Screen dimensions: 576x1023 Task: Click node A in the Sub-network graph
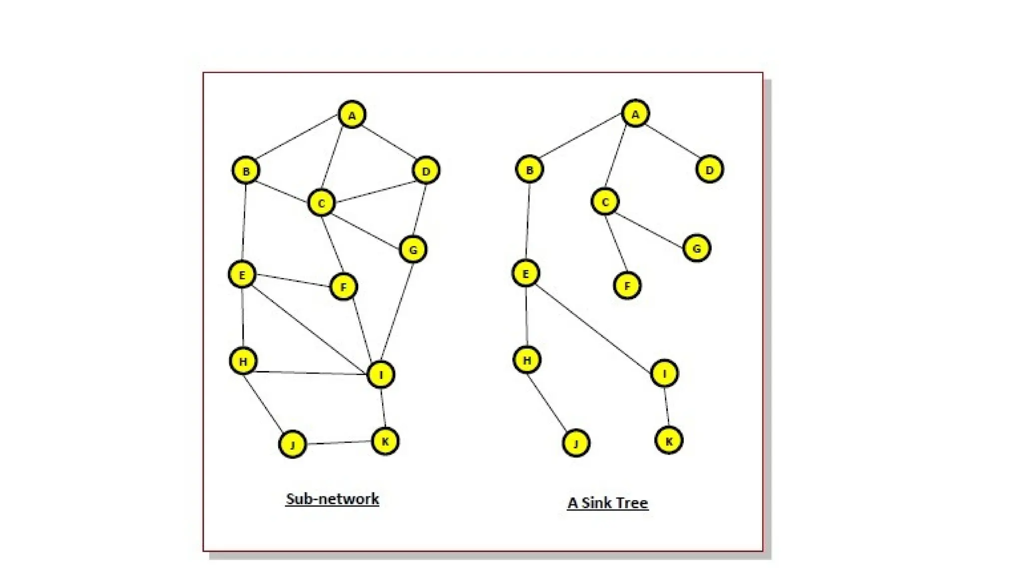click(x=352, y=115)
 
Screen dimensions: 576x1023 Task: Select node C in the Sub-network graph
click(x=321, y=202)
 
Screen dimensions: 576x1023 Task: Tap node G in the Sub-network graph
click(x=413, y=249)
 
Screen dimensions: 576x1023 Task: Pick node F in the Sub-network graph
click(x=344, y=286)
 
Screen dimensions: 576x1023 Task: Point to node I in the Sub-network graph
click(x=381, y=374)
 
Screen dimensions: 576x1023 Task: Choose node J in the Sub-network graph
click(x=293, y=444)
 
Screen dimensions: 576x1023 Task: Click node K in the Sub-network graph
click(x=385, y=441)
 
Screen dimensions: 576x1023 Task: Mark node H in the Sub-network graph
click(x=243, y=360)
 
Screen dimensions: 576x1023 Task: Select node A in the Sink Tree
click(x=635, y=113)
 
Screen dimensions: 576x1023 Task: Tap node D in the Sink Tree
click(x=709, y=169)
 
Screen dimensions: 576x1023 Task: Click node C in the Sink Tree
click(x=605, y=201)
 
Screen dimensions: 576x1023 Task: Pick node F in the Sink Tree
click(x=627, y=285)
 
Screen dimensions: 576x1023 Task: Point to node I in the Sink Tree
click(x=664, y=373)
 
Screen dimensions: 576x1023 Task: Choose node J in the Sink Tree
click(x=576, y=443)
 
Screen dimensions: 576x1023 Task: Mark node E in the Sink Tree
click(x=525, y=273)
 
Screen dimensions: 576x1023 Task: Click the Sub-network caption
click(x=332, y=498)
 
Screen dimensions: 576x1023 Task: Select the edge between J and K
click(x=339, y=442)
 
